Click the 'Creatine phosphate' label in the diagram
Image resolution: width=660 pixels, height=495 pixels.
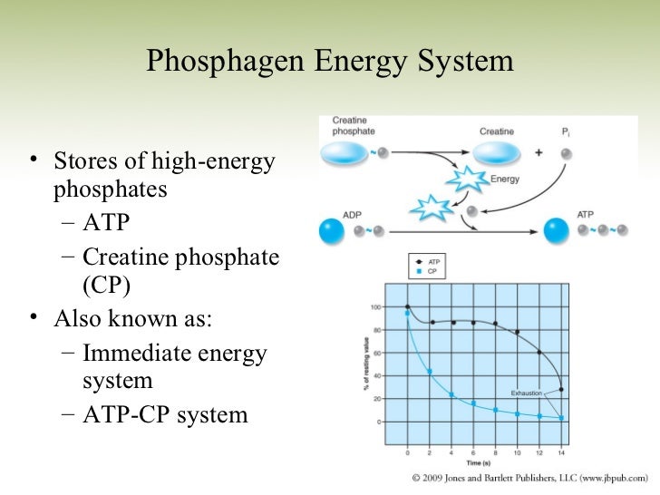(350, 125)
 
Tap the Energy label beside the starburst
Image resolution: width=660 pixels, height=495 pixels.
(504, 179)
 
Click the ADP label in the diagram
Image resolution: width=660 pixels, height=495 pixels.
(352, 216)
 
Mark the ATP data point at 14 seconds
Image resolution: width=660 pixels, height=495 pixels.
(562, 390)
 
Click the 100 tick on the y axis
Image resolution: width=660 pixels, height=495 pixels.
(374, 306)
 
